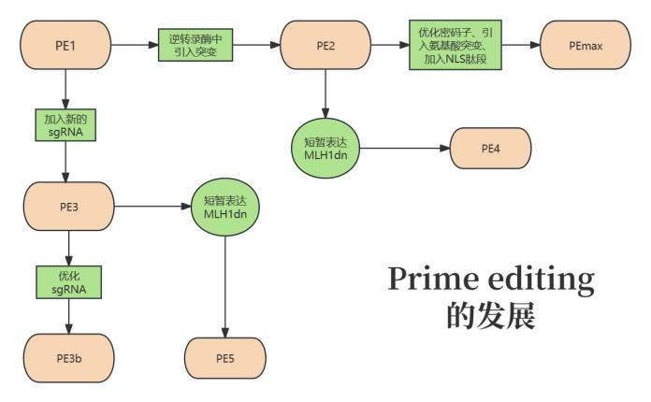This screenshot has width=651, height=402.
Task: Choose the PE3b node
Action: [67, 354]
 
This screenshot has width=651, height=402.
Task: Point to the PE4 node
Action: [490, 147]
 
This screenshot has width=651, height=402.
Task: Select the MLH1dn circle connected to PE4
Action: [325, 148]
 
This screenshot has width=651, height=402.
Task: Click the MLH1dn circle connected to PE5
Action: [224, 207]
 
